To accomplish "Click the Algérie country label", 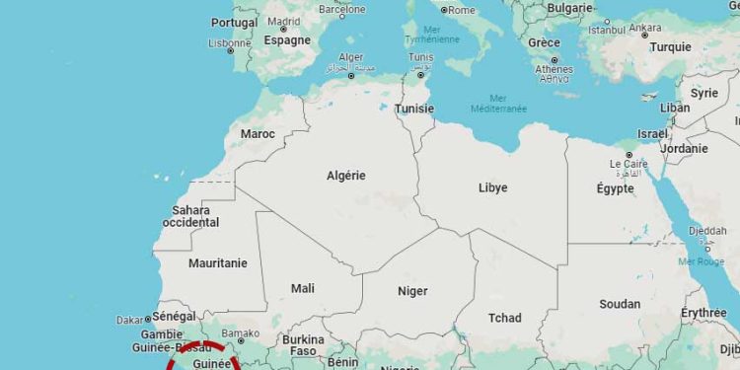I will tap(345, 176).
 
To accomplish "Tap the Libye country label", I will tap(492, 187).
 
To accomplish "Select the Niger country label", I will tap(412, 291).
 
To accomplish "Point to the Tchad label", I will tap(504, 318).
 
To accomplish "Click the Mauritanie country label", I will tap(217, 263).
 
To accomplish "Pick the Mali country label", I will tap(303, 288).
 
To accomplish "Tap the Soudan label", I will tap(620, 304).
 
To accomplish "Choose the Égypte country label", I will tap(615, 188).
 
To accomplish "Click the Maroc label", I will tap(258, 133).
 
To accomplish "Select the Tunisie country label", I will tap(413, 109).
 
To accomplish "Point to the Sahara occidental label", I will tap(190, 216).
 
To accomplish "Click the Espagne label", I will tap(287, 40).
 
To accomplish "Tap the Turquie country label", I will tap(670, 46).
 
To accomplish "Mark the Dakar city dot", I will tap(148, 319).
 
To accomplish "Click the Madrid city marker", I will tap(283, 29).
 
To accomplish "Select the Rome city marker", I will tap(444, 10).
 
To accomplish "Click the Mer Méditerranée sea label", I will tap(498, 103).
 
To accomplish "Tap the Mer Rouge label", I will tap(701, 261).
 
